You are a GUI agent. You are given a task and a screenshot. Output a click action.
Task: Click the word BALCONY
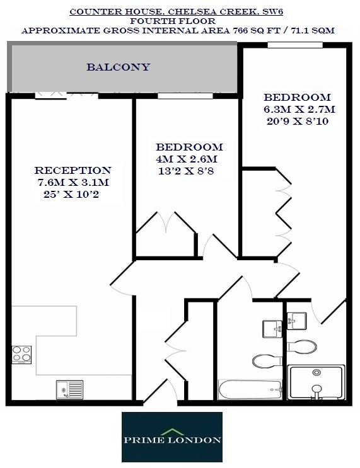coord(119,67)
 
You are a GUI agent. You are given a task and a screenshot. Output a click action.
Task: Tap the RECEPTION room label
coord(73,170)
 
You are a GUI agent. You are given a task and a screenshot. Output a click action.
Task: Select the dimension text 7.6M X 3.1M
coord(73,182)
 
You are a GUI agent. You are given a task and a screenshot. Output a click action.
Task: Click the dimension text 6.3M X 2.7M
coord(299,110)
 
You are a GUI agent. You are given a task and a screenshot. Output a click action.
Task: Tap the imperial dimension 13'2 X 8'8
coord(186,170)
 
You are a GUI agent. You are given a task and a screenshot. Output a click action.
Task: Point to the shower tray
coord(316,383)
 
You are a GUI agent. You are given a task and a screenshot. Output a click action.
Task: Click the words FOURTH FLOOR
coord(178,21)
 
